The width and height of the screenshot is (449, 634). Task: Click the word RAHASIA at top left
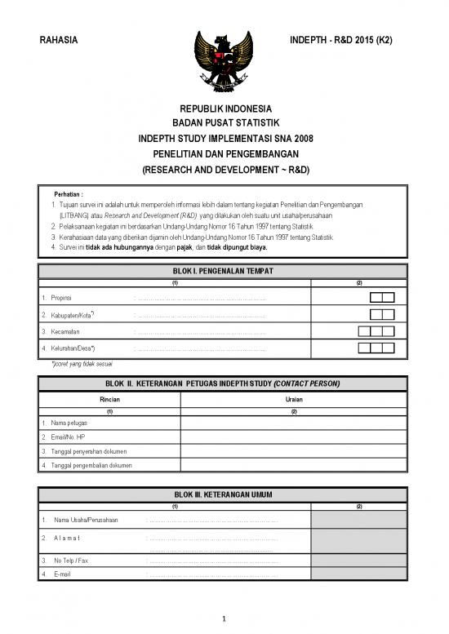(59, 42)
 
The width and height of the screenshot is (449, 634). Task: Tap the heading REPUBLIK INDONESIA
(224, 109)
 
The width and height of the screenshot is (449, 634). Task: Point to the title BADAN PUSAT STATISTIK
(224, 123)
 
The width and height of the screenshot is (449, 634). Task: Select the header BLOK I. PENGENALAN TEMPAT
(224, 271)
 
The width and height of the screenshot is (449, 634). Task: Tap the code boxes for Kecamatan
(376, 331)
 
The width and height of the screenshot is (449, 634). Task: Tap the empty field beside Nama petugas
(294, 423)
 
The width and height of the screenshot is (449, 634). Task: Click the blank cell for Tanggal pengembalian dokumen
(294, 465)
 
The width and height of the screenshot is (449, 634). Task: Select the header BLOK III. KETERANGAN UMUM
(224, 494)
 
